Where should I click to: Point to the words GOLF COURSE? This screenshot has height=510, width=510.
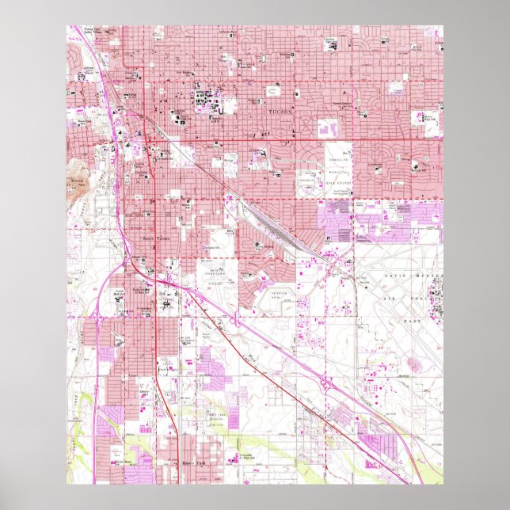click(338, 181)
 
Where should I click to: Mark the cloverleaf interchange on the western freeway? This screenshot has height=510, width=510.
click(97, 314)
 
